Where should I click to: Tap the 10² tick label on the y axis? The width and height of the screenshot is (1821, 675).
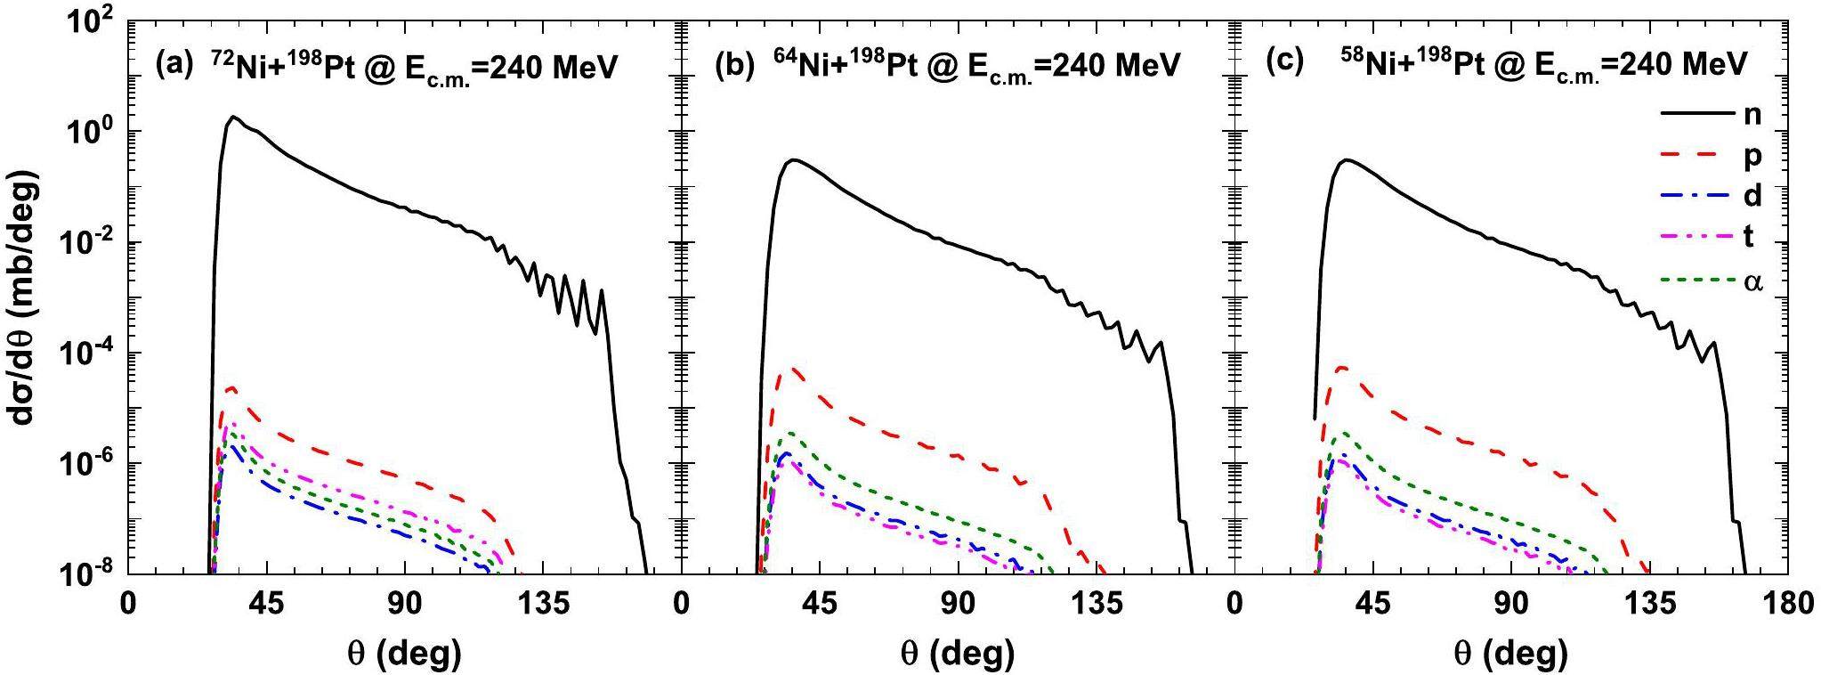pos(89,23)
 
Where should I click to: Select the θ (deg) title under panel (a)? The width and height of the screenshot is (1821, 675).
pos(404,654)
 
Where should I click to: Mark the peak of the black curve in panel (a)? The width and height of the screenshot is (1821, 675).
pos(233,117)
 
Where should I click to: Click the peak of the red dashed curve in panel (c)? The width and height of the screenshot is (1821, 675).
pos(1341,367)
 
